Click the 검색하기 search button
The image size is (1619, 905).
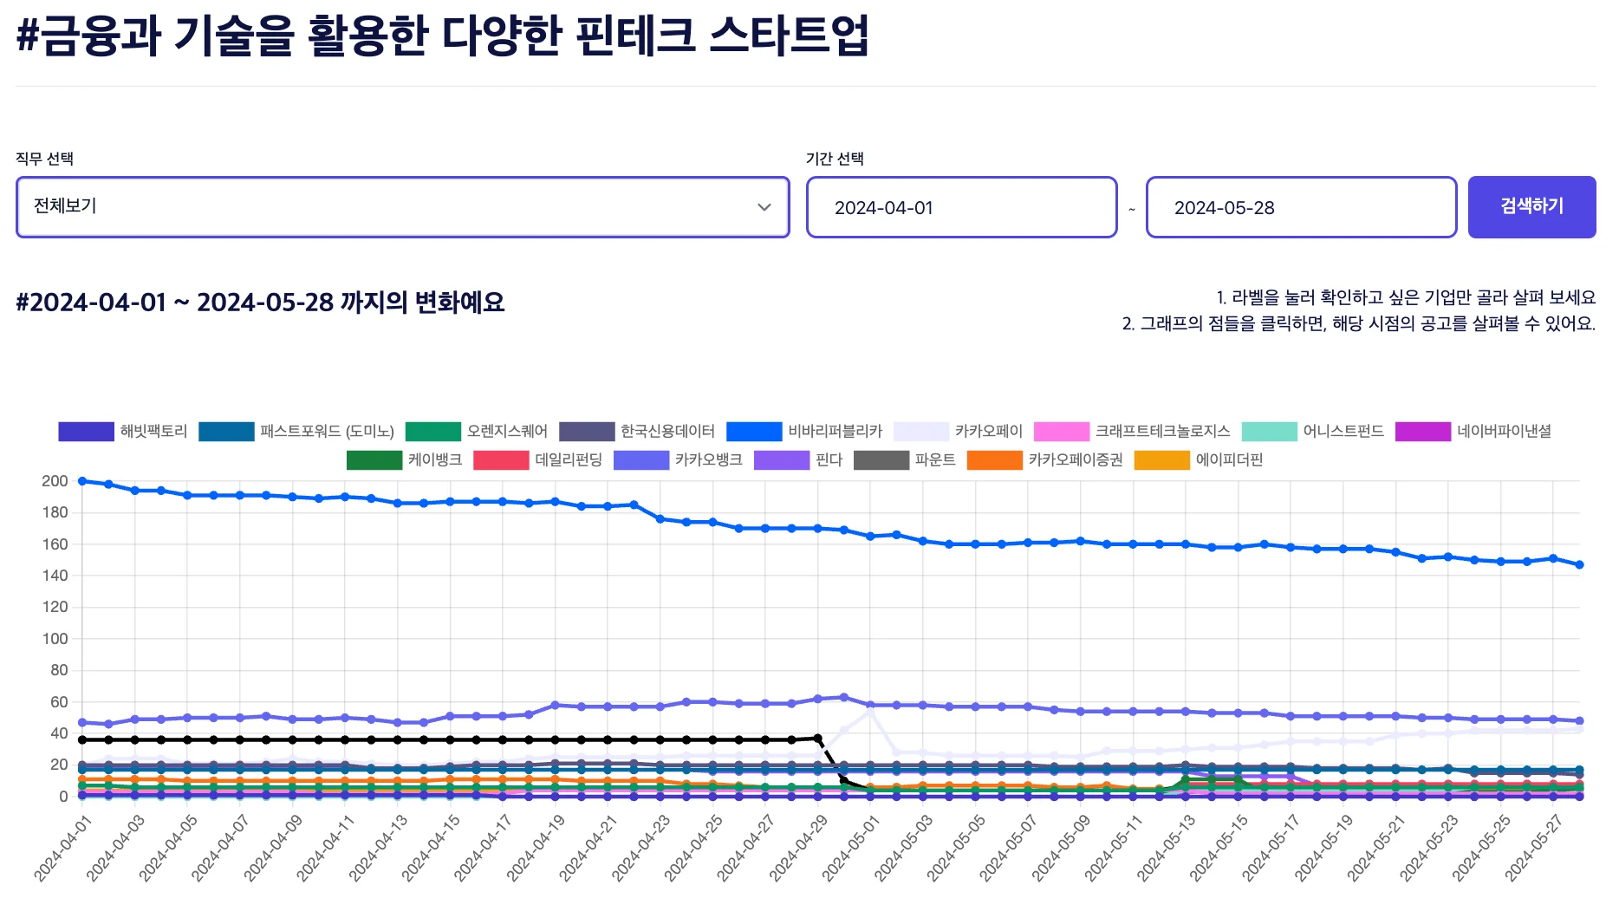(x=1531, y=206)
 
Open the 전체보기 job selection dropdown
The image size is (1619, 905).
(x=402, y=207)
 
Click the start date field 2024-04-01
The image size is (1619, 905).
(x=961, y=207)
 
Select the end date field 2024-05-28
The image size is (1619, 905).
(x=1301, y=207)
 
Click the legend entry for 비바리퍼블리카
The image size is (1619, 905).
(x=804, y=432)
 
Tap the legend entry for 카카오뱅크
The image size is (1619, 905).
(x=678, y=460)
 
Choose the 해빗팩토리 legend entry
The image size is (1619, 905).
(x=123, y=432)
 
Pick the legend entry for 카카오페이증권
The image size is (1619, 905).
(x=1044, y=460)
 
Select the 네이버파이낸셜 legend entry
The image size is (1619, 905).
(x=1473, y=432)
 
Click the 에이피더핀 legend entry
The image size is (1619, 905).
(x=1199, y=460)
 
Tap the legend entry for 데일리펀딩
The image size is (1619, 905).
(x=538, y=460)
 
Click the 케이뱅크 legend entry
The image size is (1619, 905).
(x=405, y=460)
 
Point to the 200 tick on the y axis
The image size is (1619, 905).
(x=55, y=481)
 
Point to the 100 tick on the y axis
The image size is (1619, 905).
(x=55, y=639)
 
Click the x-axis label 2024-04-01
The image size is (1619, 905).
(x=62, y=849)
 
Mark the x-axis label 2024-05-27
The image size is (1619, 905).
(x=1533, y=849)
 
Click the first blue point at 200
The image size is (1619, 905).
(x=82, y=481)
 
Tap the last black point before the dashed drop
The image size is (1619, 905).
(x=817, y=739)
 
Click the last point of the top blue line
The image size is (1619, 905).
(x=1579, y=565)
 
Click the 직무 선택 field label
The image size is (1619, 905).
(x=45, y=159)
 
